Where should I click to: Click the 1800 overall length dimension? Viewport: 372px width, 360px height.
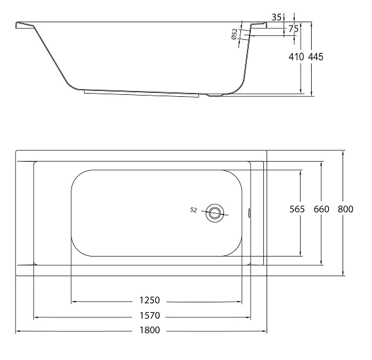click(150, 330)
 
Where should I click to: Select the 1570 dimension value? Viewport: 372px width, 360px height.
click(150, 315)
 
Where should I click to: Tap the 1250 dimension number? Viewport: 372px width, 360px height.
click(150, 300)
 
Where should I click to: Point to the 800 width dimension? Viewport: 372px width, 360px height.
click(345, 209)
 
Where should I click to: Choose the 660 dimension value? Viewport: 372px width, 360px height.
click(322, 209)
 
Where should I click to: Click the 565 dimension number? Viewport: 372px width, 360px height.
click(297, 209)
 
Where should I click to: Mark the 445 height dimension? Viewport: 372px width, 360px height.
click(316, 57)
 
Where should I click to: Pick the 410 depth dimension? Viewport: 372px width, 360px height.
click(296, 57)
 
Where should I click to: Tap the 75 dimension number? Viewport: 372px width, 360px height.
click(293, 29)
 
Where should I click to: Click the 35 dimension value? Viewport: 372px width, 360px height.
click(276, 17)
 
